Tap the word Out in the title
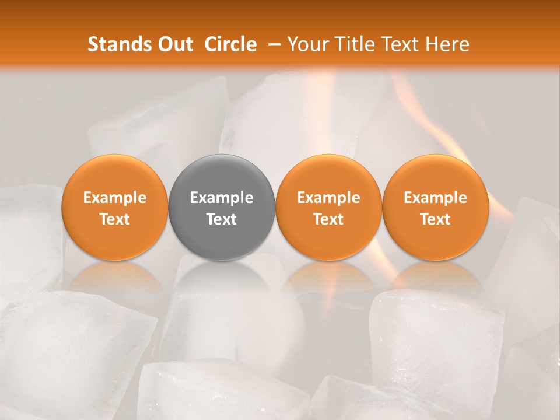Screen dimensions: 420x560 click(x=173, y=44)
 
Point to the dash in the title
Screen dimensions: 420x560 click(x=272, y=44)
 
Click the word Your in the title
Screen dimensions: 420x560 click(x=306, y=44)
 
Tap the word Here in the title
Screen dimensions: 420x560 click(x=447, y=44)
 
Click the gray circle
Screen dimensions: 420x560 click(x=222, y=208)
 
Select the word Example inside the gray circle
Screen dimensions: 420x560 click(x=222, y=198)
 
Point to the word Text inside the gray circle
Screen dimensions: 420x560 click(x=222, y=219)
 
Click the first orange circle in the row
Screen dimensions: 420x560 click(x=114, y=208)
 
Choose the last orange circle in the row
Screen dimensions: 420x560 click(x=435, y=208)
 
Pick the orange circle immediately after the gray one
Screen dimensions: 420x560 click(x=328, y=208)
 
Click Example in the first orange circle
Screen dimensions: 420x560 click(x=114, y=198)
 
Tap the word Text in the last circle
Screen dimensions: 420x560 click(x=435, y=219)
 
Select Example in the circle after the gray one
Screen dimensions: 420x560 click(x=328, y=198)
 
